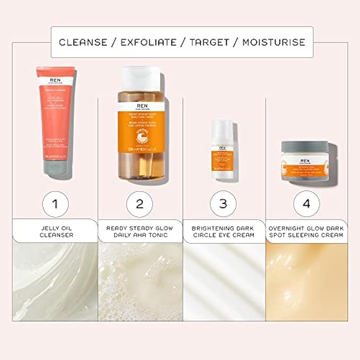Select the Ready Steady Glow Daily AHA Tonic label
click(x=140, y=231)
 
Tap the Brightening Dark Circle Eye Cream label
click(x=223, y=231)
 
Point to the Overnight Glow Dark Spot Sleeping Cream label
click(x=307, y=231)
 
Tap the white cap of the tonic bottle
click(x=140, y=77)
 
